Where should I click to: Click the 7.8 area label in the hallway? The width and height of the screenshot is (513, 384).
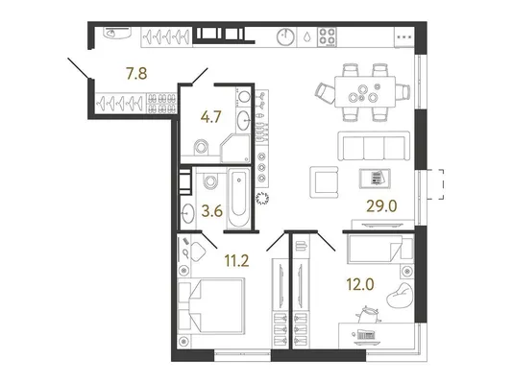point(136,74)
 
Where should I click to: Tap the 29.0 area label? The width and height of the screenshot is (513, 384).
point(381,206)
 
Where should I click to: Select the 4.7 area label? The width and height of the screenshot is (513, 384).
point(211,117)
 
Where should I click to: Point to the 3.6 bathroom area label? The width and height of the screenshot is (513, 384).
point(212,211)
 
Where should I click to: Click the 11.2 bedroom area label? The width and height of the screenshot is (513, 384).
point(236,260)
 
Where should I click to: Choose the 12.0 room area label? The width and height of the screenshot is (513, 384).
point(360,285)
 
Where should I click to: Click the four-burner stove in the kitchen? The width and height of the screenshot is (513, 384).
point(328,36)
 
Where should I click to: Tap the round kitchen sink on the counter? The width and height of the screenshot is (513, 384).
point(285,36)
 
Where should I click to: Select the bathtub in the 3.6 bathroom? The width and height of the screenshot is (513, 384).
point(239,200)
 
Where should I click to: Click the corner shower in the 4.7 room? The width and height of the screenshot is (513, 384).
point(235,148)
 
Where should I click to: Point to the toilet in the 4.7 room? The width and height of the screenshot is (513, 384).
point(201,147)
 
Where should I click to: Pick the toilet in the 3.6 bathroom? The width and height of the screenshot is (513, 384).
point(210,180)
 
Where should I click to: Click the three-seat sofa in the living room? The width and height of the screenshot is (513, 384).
point(374,146)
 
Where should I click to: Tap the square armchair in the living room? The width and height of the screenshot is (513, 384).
point(324,182)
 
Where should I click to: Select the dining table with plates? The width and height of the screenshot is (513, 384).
point(365,91)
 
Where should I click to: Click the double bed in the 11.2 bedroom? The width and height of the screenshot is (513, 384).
point(211,306)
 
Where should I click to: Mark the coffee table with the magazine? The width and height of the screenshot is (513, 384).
point(375,179)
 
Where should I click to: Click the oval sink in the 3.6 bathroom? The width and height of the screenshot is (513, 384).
point(187,213)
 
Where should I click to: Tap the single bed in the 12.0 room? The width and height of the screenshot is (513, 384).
point(380,249)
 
